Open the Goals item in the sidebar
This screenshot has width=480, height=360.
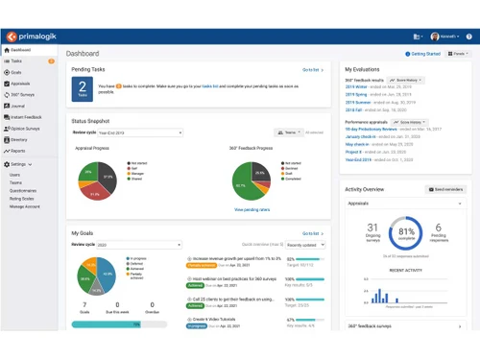coord(16,72)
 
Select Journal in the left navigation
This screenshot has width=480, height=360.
coord(18,106)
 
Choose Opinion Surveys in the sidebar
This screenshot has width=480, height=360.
coord(24,128)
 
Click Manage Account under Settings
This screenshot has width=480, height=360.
coord(25,206)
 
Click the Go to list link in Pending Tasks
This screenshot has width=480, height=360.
coord(312,70)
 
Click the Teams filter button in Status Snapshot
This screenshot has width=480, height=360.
coord(287,132)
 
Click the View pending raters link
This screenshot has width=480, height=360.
coord(252,208)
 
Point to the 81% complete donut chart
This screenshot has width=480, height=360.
coord(406,232)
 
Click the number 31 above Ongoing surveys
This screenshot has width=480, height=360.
coord(372,228)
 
